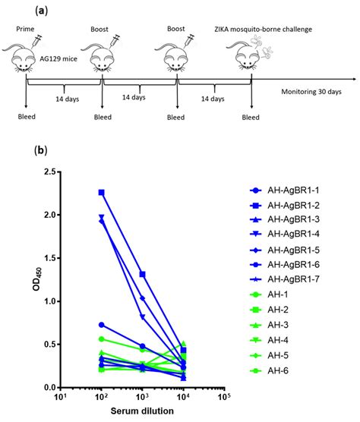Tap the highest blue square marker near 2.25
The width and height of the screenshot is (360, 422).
(x=102, y=193)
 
